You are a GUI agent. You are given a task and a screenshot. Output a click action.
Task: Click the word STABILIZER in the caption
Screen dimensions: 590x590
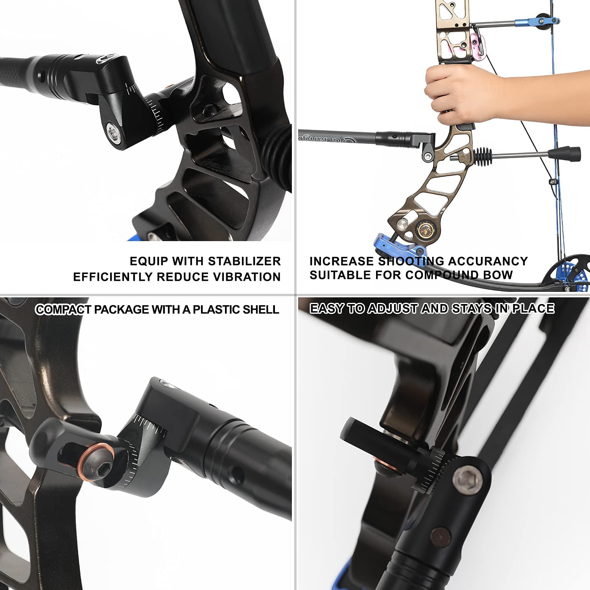pos(244,261)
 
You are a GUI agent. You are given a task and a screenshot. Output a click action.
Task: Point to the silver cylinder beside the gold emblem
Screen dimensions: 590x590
pos(404,225)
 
